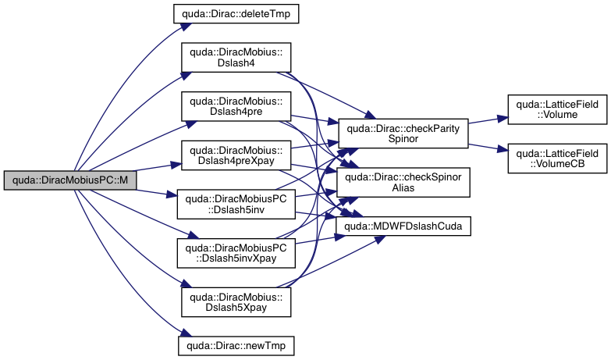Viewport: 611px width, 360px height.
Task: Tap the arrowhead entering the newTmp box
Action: (177, 343)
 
